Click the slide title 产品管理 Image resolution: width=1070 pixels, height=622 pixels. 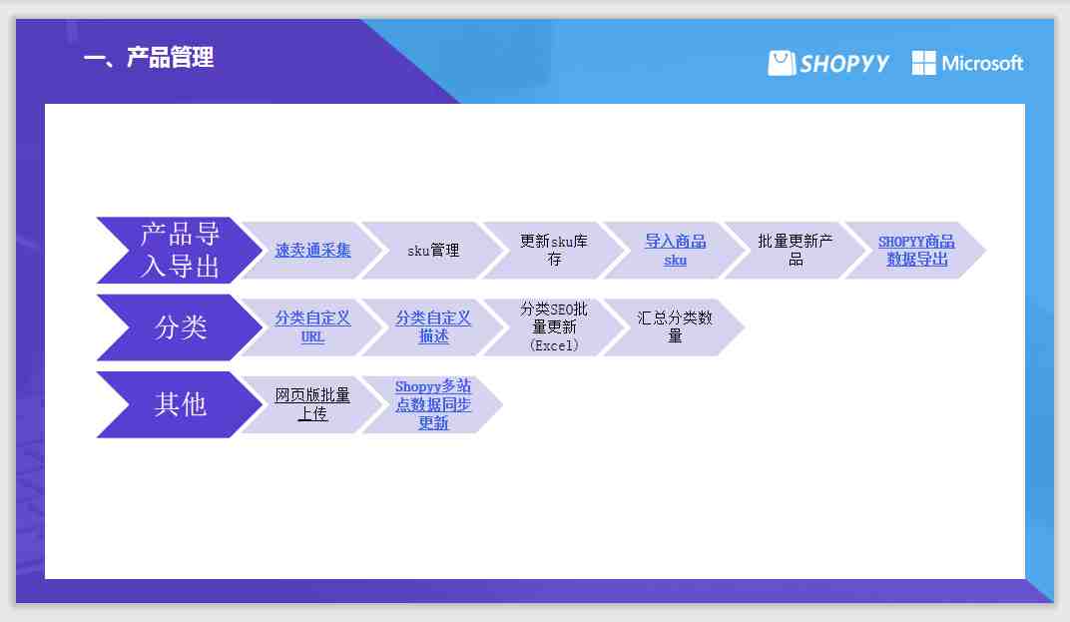[170, 57]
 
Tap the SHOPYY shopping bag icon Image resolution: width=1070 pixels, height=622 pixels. [782, 63]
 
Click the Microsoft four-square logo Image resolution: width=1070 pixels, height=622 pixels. [924, 63]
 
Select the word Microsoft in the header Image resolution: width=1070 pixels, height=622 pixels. [982, 64]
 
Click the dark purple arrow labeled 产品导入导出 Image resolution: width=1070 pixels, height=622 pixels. [180, 250]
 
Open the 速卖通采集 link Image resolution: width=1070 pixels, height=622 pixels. [312, 250]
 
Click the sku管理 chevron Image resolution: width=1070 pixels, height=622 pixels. [433, 250]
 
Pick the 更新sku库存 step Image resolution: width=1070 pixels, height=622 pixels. [554, 250]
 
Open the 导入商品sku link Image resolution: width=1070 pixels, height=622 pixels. [675, 250]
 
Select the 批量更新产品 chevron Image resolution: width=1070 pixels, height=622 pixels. [796, 250]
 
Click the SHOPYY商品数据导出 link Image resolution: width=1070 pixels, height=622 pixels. [916, 250]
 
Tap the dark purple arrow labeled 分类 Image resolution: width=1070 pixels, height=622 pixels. [180, 327]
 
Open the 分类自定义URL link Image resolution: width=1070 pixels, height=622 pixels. [312, 327]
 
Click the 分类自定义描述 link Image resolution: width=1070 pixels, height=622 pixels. [433, 327]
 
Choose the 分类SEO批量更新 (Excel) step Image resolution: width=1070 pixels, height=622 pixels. [554, 327]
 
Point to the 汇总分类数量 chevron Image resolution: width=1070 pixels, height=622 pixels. [675, 327]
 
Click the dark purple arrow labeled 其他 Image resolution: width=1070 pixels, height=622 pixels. [180, 404]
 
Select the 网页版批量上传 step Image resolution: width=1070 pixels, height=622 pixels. [312, 404]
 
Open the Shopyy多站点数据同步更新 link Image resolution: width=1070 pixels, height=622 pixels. [433, 404]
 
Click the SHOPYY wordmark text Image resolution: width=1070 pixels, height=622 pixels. [844, 64]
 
